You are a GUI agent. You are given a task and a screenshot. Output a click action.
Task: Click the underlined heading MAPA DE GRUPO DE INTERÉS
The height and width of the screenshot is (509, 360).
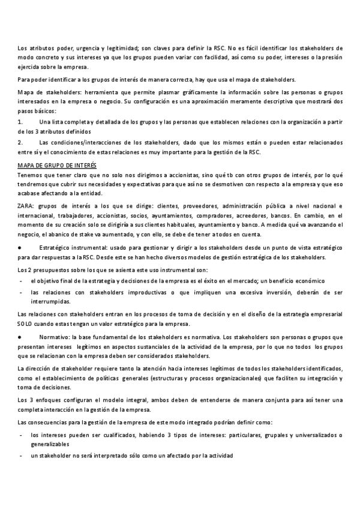57,164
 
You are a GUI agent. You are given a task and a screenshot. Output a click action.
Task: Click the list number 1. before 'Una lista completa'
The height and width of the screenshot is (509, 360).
21,122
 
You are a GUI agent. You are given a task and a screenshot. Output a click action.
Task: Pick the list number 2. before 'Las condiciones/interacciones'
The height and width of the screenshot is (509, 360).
21,142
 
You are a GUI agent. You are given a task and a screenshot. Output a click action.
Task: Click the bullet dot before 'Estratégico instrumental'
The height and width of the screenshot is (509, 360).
20,247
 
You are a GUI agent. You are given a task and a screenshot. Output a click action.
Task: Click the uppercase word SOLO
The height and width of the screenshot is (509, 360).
26,324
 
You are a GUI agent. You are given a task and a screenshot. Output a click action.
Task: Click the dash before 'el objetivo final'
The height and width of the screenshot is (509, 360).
21,281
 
